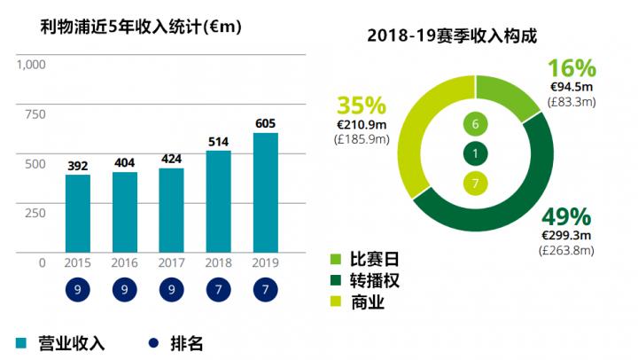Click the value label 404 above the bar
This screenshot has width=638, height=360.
(x=125, y=162)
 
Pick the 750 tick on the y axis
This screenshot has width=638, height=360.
(x=35, y=113)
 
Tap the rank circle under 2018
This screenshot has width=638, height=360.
(x=219, y=290)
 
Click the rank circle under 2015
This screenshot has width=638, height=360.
(x=78, y=290)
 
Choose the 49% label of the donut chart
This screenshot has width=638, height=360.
(x=566, y=217)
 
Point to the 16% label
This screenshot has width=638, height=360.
(x=572, y=67)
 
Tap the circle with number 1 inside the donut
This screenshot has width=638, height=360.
(x=476, y=154)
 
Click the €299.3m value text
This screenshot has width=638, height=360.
(x=567, y=236)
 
